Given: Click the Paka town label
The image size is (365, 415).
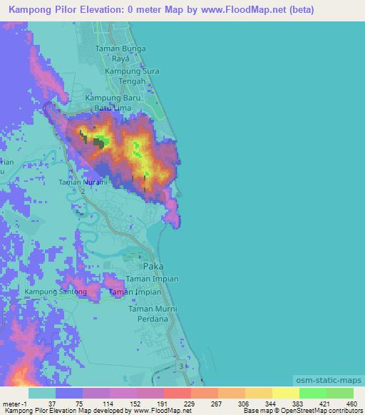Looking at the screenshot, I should [153, 266].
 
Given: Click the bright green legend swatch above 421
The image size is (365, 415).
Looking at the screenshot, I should [313, 393].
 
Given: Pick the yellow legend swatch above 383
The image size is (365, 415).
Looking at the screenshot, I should [286, 393].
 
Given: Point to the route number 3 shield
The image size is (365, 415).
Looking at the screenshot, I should [181, 365].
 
